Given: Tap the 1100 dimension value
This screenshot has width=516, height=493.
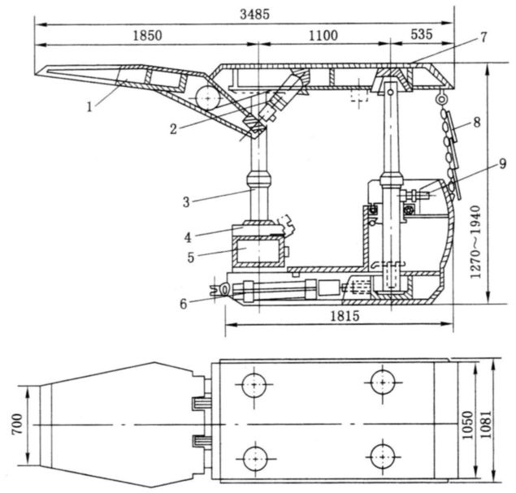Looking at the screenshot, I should (x=328, y=36).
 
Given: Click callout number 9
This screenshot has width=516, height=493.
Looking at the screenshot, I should (x=482, y=165).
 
